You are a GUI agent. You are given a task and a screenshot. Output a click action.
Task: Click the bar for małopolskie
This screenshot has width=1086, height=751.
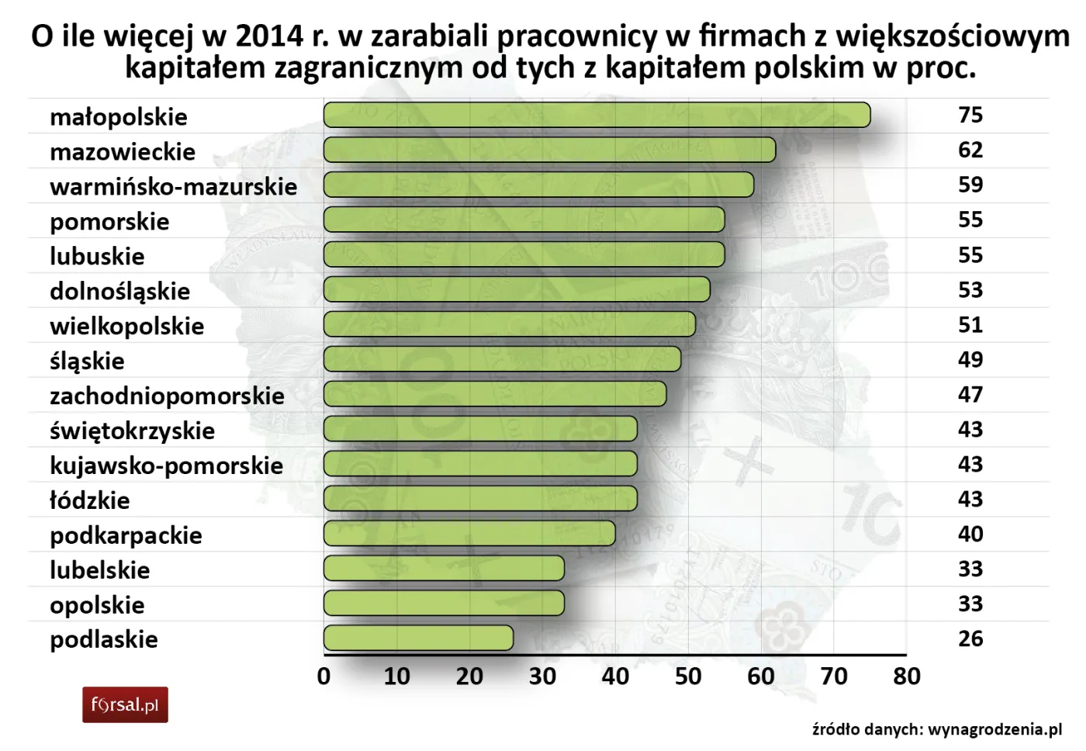click(x=597, y=115)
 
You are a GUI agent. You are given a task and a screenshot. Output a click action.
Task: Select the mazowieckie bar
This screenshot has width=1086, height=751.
click(x=549, y=150)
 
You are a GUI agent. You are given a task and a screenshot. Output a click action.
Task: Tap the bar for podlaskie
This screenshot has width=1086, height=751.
click(x=418, y=638)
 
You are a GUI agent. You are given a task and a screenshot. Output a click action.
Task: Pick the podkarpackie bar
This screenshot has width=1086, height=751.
click(x=469, y=533)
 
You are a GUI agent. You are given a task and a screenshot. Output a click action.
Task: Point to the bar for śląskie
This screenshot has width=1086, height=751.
click(x=502, y=359)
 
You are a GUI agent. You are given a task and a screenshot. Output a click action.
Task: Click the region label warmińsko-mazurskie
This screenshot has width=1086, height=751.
click(x=173, y=187)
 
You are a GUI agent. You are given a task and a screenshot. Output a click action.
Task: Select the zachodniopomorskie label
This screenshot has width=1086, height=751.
click(x=167, y=396)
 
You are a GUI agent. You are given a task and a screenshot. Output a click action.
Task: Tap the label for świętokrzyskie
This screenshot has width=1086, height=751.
click(x=132, y=431)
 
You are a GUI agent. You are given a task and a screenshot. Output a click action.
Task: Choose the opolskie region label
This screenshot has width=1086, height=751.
click(x=97, y=605)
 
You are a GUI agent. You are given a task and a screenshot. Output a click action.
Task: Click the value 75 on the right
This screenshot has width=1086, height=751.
click(x=970, y=115)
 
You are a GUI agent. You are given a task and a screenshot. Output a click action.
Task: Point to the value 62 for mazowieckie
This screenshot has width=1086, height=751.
click(x=970, y=150)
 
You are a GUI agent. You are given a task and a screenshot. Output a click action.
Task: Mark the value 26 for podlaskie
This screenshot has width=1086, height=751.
click(x=970, y=639)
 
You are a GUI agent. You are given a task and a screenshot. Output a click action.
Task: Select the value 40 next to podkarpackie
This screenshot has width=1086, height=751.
click(x=970, y=534)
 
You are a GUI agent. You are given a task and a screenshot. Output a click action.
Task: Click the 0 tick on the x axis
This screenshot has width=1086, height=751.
click(x=324, y=677)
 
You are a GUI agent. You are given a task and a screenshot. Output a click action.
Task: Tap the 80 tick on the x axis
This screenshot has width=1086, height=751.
click(x=907, y=677)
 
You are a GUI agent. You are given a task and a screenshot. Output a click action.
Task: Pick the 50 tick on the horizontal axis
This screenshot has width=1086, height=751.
click(x=688, y=677)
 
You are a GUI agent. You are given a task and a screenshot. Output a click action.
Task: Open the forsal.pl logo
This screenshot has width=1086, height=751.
click(x=125, y=705)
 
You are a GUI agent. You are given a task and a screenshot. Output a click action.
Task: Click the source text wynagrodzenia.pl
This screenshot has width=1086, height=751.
click(x=994, y=729)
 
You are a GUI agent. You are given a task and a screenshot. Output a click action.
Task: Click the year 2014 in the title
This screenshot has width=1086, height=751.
click(x=268, y=36)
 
